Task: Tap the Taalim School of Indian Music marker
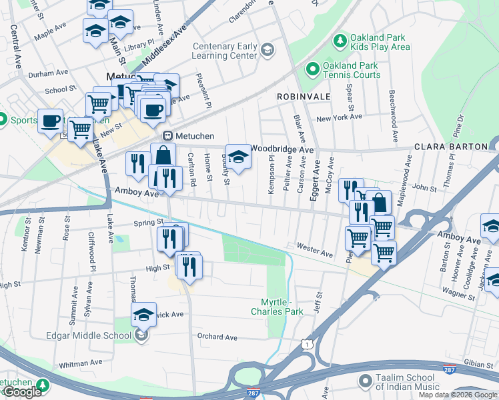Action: tap(365, 381)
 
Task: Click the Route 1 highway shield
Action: tap(306, 343)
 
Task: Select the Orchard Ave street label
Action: tap(217, 337)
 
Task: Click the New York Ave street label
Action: tap(339, 117)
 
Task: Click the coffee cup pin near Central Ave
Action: tap(50, 121)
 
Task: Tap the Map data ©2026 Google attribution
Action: tap(458, 395)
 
